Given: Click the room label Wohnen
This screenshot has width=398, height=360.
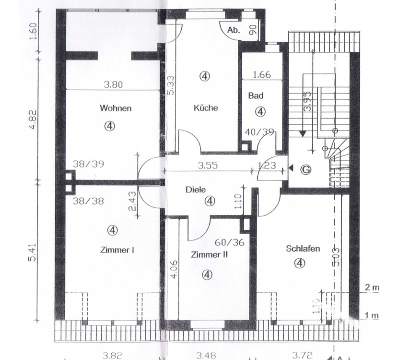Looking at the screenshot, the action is (115, 108).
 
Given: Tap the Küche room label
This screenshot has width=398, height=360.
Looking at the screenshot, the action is (205, 108).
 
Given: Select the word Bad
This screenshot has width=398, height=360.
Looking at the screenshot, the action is (255, 96).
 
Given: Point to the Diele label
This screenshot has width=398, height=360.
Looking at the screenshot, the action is (195, 189).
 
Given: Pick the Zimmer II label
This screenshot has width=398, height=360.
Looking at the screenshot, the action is (209, 254).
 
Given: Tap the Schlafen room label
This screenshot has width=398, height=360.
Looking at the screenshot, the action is (303, 249).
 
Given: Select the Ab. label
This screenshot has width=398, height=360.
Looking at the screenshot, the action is (234, 30).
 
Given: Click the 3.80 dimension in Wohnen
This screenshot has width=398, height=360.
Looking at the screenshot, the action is (114, 84).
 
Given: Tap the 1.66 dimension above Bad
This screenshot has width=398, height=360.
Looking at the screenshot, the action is (262, 74).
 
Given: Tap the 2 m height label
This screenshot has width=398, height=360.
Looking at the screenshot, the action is (372, 288).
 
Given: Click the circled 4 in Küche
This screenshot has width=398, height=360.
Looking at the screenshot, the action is (205, 76).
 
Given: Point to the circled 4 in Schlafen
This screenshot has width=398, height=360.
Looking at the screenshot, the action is (300, 263).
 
